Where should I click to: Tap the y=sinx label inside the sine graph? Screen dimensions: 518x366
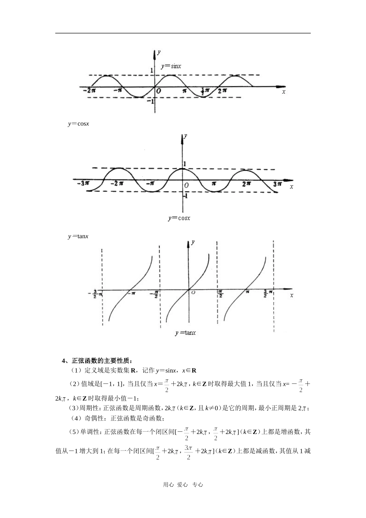[171, 66]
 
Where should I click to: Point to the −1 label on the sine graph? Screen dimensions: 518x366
[151, 101]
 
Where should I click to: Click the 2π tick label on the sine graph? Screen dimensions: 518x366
[222, 91]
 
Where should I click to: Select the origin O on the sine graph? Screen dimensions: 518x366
[158, 91]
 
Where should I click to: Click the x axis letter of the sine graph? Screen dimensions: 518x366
[284, 92]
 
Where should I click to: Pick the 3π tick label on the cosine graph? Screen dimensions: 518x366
[277, 184]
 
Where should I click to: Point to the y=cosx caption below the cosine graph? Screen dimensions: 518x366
[179, 218]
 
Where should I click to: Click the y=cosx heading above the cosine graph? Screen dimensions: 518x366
[79, 124]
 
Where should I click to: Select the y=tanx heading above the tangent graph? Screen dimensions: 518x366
[78, 236]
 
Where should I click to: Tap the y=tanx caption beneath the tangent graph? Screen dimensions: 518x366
[185, 333]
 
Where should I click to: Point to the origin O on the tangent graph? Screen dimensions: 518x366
[193, 293]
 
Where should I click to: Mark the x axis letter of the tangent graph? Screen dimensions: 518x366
[292, 295]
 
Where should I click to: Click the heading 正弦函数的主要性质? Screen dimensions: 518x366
[101, 361]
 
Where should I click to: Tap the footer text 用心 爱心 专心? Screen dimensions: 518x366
[183, 485]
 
